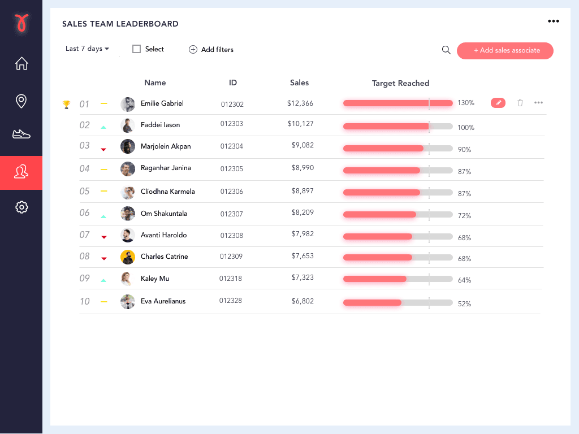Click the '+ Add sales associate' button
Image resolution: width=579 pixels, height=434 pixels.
[x=505, y=50]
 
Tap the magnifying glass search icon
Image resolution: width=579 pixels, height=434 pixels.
[x=446, y=50]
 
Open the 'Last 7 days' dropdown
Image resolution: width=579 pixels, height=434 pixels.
[x=87, y=49]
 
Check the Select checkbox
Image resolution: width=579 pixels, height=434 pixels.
[x=136, y=49]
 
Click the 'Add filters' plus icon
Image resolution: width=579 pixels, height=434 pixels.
[x=193, y=50]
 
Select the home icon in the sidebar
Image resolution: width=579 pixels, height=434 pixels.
[x=21, y=63]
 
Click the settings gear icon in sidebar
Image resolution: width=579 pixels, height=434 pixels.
[x=21, y=207]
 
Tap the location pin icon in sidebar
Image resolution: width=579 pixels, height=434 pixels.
[x=21, y=101]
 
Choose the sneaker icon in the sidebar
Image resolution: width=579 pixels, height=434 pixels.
[x=21, y=134]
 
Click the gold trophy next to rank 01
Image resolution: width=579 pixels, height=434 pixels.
[x=66, y=104]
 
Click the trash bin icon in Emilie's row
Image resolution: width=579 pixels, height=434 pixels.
[x=520, y=103]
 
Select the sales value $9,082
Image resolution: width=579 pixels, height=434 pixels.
[x=303, y=145]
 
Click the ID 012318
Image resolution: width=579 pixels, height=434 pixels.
[x=231, y=278]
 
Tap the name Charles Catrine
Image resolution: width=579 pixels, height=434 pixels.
[x=164, y=257]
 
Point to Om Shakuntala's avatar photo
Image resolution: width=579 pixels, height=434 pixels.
[x=128, y=214]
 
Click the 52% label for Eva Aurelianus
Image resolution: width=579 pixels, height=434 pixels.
[x=464, y=304]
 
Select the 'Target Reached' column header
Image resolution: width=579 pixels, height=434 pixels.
[x=400, y=83]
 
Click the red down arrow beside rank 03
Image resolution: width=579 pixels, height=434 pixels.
[x=103, y=149]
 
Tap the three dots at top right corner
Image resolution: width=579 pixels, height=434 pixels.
[x=553, y=21]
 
